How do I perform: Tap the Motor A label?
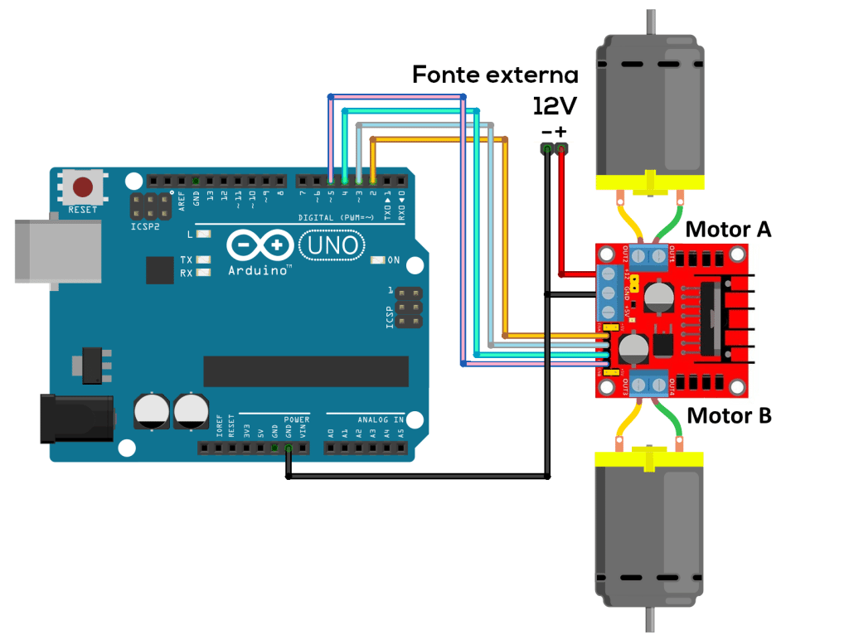[730, 229]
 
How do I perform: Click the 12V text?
[554, 106]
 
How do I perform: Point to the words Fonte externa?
[495, 75]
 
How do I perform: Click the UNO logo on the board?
[331, 245]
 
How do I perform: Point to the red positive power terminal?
[562, 149]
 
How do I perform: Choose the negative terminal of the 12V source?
[546, 149]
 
